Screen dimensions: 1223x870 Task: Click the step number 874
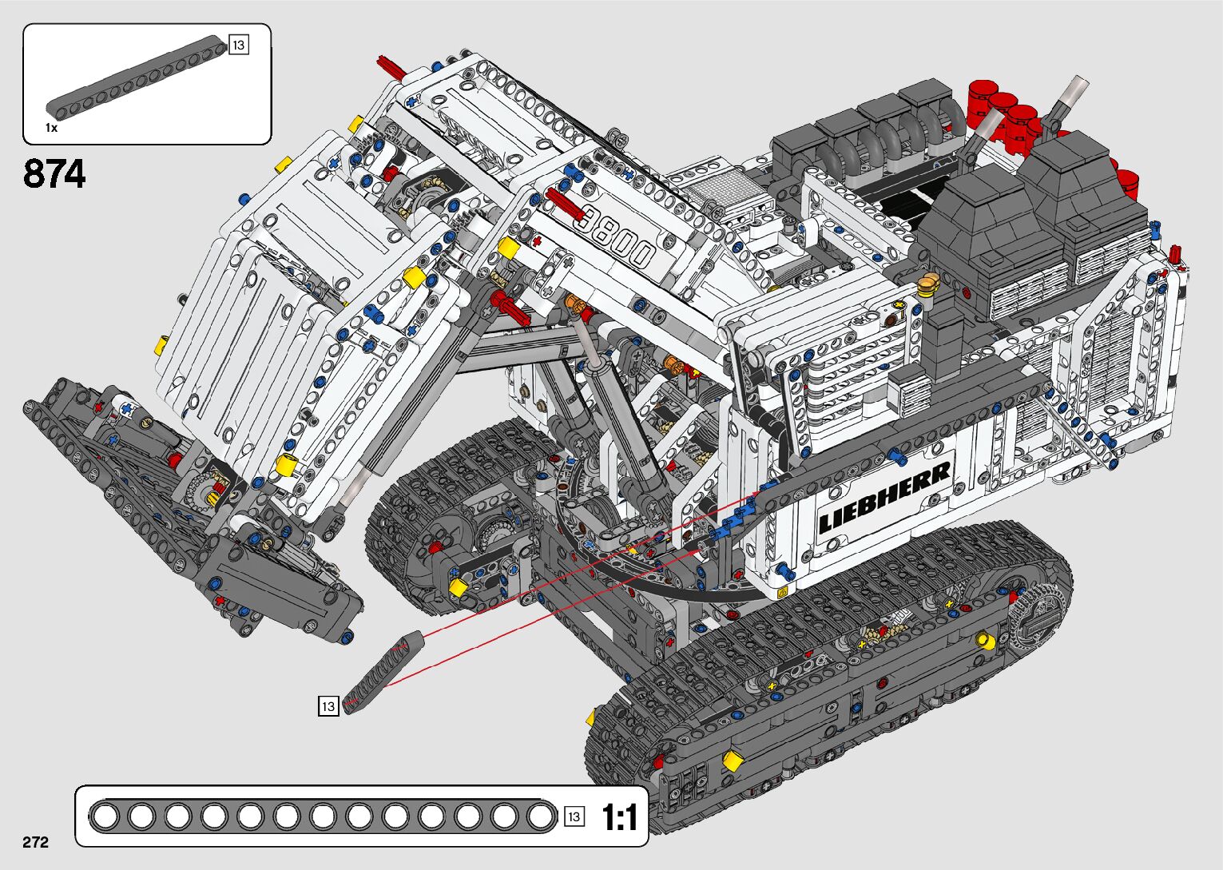tap(54, 173)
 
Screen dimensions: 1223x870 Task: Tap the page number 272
tap(35, 841)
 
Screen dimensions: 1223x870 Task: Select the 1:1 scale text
tap(619, 817)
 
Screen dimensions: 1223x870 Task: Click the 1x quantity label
tap(51, 128)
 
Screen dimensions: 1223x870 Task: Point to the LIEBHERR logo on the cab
tap(884, 497)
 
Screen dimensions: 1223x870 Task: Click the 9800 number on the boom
tap(616, 236)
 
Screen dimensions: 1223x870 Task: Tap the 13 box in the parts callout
tap(239, 45)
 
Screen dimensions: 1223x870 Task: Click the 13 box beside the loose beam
tap(328, 706)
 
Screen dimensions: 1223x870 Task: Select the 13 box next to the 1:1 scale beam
tap(574, 816)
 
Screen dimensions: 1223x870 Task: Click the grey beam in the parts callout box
tap(137, 76)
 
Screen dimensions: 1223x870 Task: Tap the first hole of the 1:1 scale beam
tap(105, 817)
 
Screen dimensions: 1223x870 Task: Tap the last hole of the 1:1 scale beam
tap(540, 817)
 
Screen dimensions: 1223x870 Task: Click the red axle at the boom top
tap(391, 67)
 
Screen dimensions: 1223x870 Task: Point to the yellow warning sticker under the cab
tap(782, 591)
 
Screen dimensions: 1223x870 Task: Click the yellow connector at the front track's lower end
tap(731, 760)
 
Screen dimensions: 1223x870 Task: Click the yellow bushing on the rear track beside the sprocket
tap(985, 639)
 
